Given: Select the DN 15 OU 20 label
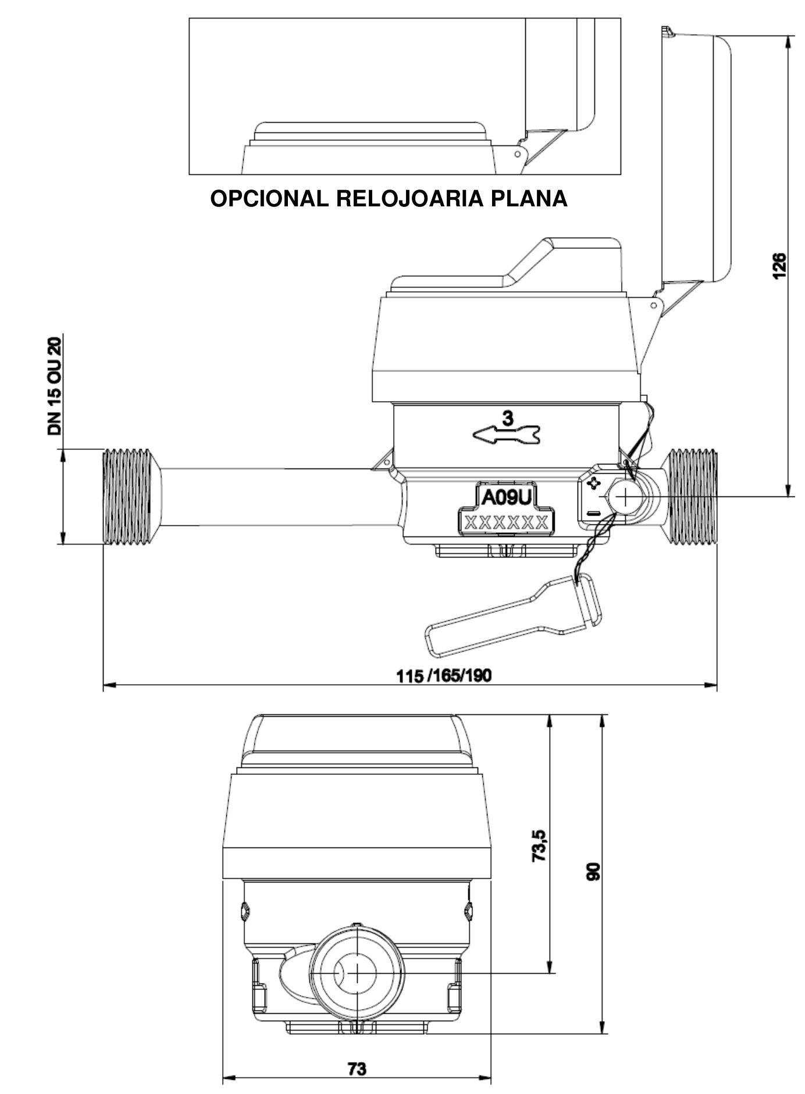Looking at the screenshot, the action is [55, 386].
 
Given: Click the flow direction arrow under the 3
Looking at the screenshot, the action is [506, 434].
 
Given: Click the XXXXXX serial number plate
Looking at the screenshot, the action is [505, 522].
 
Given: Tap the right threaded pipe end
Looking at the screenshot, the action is [692, 496].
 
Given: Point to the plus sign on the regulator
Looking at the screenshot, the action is [593, 483].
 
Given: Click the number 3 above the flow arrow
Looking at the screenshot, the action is [508, 418].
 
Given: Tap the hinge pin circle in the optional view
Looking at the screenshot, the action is [517, 154].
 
